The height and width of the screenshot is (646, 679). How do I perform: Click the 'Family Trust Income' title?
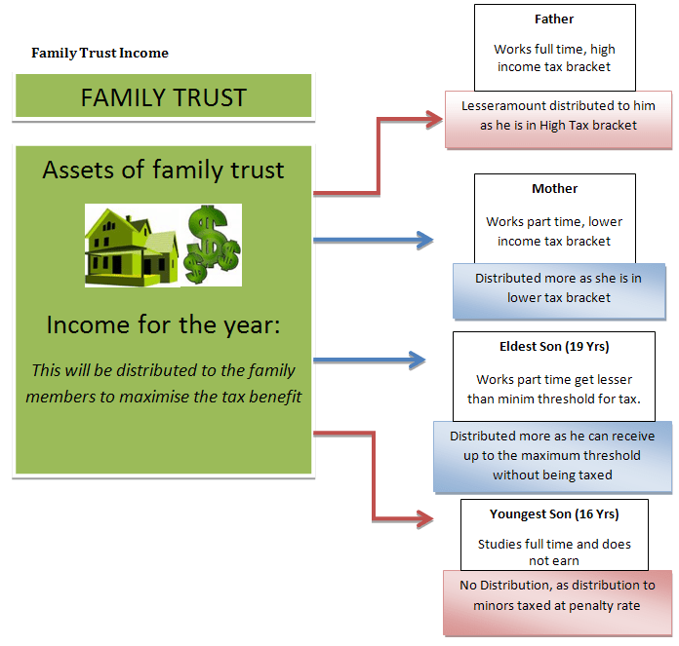(x=100, y=54)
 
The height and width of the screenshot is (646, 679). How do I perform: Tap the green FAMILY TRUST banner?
(x=163, y=95)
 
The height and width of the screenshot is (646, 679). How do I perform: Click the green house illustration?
(x=132, y=247)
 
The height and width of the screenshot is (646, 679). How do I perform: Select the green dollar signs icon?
(x=212, y=245)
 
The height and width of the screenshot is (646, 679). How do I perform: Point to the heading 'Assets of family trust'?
(x=163, y=170)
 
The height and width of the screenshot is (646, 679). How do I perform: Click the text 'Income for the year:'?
(x=163, y=324)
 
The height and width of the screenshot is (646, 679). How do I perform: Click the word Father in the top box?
(x=554, y=19)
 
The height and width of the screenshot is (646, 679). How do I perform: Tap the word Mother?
(x=554, y=188)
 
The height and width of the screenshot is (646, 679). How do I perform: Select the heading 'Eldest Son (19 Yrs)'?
(x=554, y=346)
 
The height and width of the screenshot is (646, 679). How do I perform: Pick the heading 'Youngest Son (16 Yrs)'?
(x=554, y=513)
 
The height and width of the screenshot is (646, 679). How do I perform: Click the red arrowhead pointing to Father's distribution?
(x=434, y=119)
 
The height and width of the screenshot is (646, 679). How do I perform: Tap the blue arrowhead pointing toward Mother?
(x=424, y=240)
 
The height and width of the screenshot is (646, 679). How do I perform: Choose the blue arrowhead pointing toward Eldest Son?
(x=417, y=360)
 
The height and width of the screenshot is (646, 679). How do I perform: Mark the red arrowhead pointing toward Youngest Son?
(x=424, y=518)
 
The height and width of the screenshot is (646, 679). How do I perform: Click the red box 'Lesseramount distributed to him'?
(x=558, y=120)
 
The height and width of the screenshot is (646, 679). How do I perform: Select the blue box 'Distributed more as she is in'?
(x=559, y=291)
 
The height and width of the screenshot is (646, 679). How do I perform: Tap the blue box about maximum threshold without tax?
(x=552, y=457)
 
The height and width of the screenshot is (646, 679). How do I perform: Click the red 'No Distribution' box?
(x=557, y=603)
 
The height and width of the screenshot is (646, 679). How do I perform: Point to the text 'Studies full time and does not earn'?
(x=554, y=552)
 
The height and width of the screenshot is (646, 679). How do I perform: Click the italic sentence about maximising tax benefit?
(x=163, y=384)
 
